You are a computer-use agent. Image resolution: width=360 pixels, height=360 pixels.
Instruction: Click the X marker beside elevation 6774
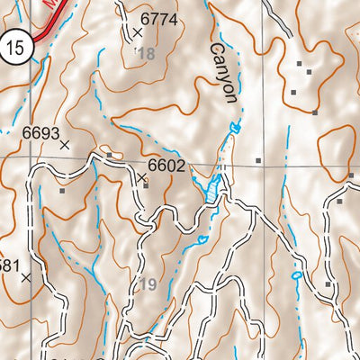[138, 33]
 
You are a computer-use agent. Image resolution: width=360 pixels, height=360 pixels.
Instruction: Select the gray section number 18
[146, 54]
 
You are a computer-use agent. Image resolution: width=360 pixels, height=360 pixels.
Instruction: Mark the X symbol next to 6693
[64, 144]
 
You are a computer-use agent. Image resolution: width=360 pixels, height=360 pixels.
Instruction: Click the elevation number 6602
[166, 166]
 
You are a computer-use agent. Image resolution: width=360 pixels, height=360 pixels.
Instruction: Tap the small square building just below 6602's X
[145, 186]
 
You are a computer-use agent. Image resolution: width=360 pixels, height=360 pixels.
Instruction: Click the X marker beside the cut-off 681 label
[25, 278]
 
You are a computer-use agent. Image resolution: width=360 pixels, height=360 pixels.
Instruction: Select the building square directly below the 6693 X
[62, 190]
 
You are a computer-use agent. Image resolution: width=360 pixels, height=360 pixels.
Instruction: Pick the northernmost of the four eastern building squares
[300, 64]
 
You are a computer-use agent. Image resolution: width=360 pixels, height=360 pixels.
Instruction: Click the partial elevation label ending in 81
[7, 265]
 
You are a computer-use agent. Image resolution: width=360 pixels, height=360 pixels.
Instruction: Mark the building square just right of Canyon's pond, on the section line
[258, 161]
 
